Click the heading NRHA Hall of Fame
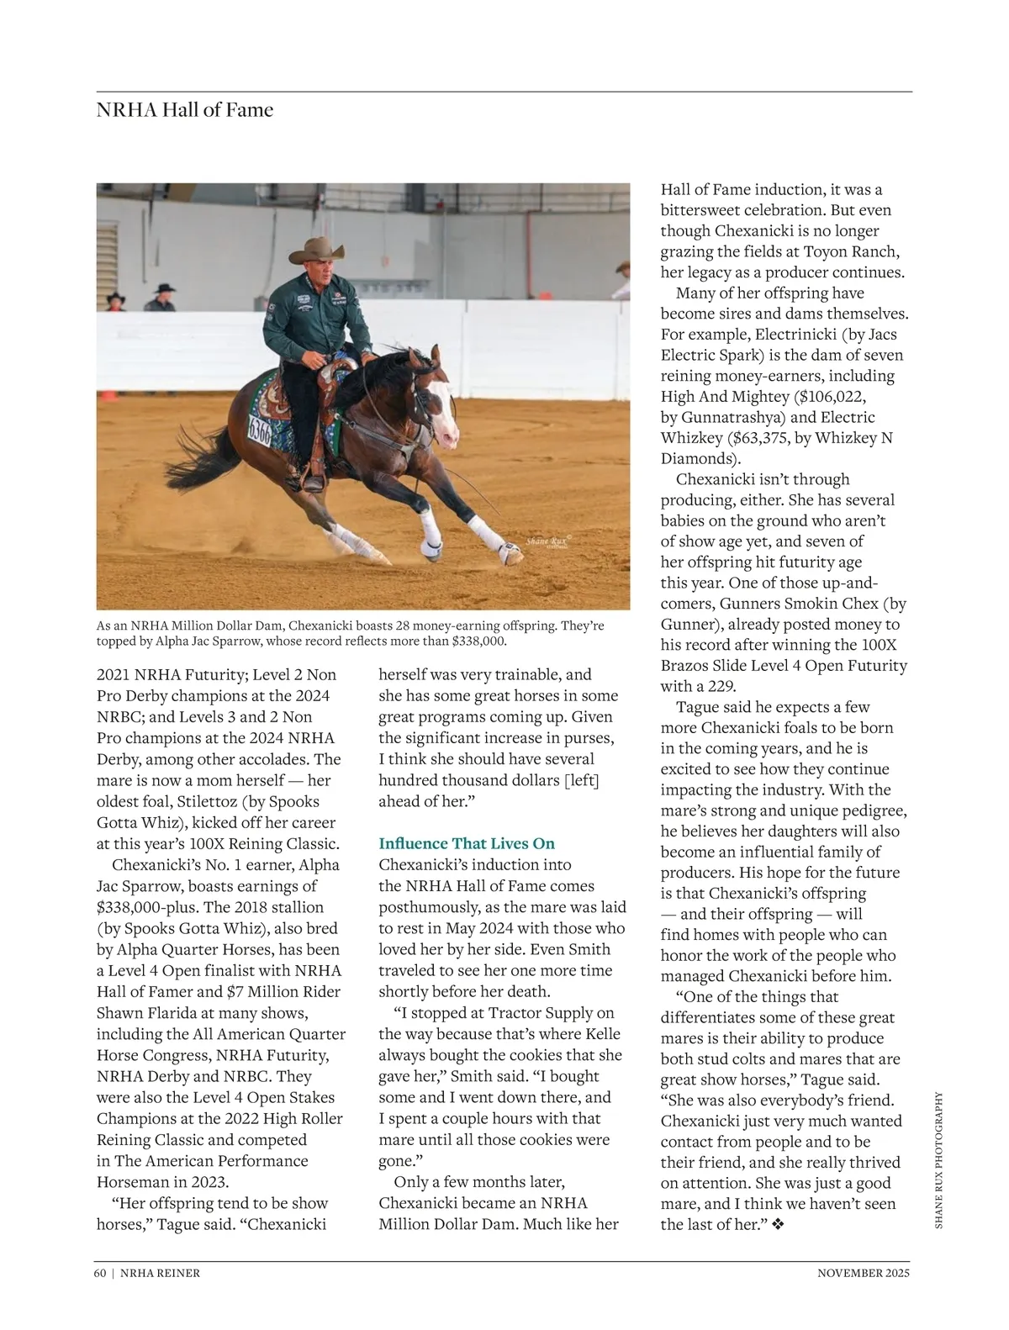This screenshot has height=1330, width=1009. coord(184,110)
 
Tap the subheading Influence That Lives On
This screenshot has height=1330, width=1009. coord(467,843)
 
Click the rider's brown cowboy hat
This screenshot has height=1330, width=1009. coord(320,248)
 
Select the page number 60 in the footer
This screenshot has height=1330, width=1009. coord(100,1273)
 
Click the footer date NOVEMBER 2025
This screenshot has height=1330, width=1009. coord(864,1273)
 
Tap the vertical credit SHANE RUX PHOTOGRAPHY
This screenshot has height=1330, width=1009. coord(939,1160)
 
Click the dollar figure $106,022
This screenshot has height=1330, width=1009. coord(825,397)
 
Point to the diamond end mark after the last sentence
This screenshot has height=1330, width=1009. coord(778,1225)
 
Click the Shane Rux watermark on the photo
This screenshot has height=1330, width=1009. coord(547,542)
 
